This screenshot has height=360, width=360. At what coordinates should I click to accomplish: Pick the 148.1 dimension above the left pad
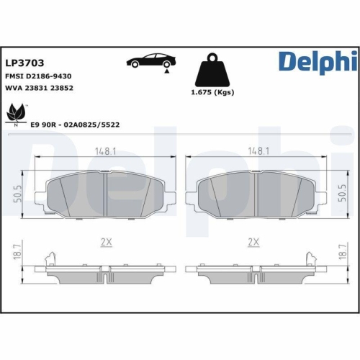(x=105, y=152)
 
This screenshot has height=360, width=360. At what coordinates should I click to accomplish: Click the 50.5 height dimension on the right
(x=341, y=194)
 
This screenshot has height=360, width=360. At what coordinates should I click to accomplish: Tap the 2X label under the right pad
(x=253, y=242)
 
